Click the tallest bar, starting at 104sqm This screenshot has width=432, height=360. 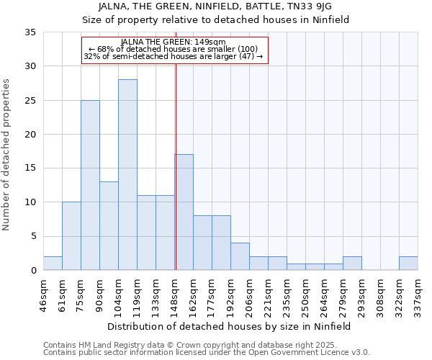pos(127,175)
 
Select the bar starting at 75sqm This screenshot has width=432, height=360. pos(90,185)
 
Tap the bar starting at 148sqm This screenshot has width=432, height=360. pos(184,212)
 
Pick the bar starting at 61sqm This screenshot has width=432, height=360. pos(71,236)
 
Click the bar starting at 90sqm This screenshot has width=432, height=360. pos(109,226)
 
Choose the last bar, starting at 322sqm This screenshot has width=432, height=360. pos(408,264)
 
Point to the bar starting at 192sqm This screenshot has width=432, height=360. pos(240,256)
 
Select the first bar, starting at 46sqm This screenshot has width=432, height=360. pos(53,264)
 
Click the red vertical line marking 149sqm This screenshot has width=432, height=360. pos(176,166)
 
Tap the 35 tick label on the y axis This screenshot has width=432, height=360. pos(30,32)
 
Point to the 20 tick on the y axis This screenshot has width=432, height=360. pos(30,135)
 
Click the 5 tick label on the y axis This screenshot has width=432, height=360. pos(32,237)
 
